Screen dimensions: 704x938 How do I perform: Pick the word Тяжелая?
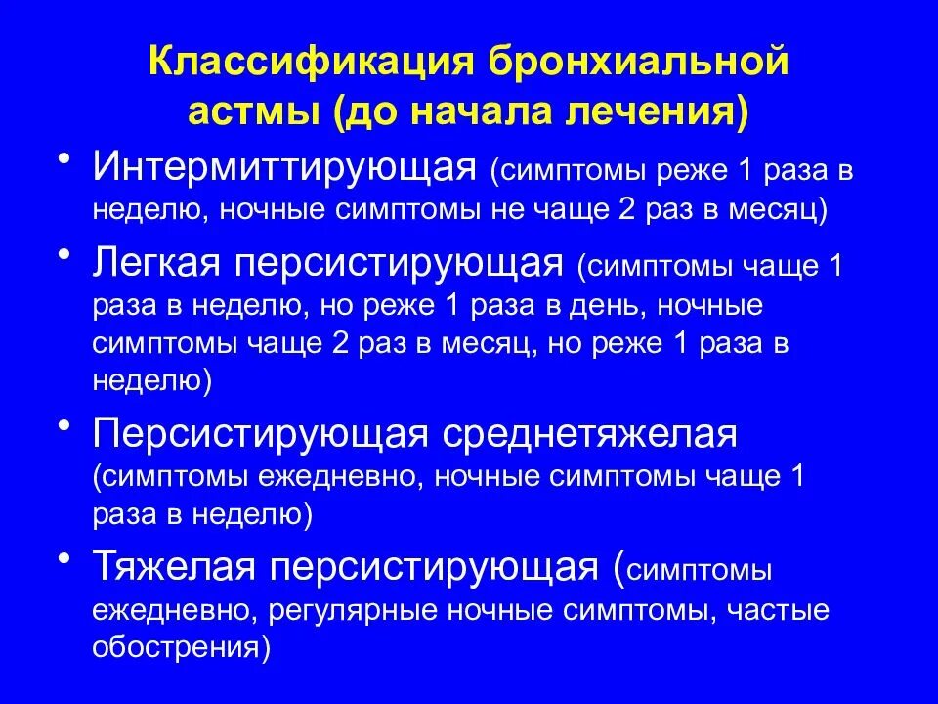[162, 566]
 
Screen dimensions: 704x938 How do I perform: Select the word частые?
[774, 611]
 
